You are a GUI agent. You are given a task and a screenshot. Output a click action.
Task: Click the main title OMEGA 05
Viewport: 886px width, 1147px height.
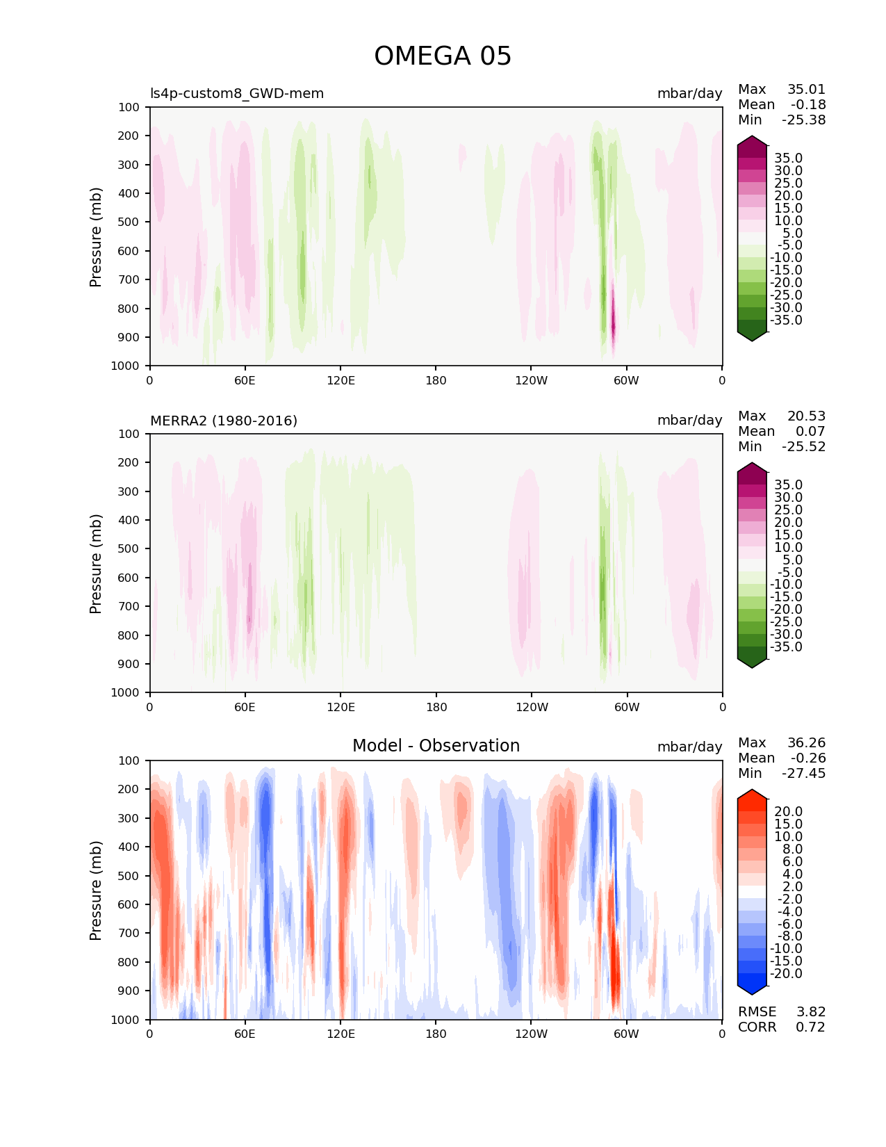(x=443, y=56)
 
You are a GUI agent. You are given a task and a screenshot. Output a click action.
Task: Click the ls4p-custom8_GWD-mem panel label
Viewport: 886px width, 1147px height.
(x=237, y=93)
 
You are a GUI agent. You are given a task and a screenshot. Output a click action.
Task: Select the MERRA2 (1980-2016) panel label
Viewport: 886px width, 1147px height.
(x=224, y=421)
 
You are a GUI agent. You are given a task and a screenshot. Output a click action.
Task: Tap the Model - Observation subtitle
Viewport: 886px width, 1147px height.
(x=436, y=746)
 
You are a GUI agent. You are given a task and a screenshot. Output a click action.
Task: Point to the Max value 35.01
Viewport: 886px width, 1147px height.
(x=806, y=89)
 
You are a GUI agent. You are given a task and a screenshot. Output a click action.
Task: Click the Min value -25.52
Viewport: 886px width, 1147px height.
(x=803, y=446)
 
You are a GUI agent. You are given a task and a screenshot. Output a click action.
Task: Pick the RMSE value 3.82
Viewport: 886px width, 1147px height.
(x=810, y=1011)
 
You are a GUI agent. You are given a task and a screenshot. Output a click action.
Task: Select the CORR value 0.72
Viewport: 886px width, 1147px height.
(x=810, y=1027)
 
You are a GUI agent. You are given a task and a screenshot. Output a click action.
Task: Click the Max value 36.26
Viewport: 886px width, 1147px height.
(x=806, y=742)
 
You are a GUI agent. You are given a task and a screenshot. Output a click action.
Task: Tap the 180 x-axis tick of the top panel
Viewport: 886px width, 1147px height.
(x=436, y=380)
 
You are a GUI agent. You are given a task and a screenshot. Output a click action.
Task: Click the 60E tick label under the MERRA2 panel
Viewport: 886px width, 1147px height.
(x=245, y=707)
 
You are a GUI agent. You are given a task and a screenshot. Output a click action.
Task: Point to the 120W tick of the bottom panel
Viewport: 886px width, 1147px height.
(x=532, y=1034)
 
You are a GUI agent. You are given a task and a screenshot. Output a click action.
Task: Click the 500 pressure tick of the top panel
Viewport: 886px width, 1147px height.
(x=130, y=222)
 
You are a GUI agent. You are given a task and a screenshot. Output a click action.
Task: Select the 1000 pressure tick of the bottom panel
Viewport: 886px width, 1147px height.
(x=126, y=1020)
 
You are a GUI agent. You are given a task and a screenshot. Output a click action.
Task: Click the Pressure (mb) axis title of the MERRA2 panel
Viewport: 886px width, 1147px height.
(x=96, y=563)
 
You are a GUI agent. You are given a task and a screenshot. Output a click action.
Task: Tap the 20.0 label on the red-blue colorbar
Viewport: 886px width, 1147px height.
(x=788, y=811)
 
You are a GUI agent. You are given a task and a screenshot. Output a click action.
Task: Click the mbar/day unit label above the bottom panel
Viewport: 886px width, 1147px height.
(x=689, y=747)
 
